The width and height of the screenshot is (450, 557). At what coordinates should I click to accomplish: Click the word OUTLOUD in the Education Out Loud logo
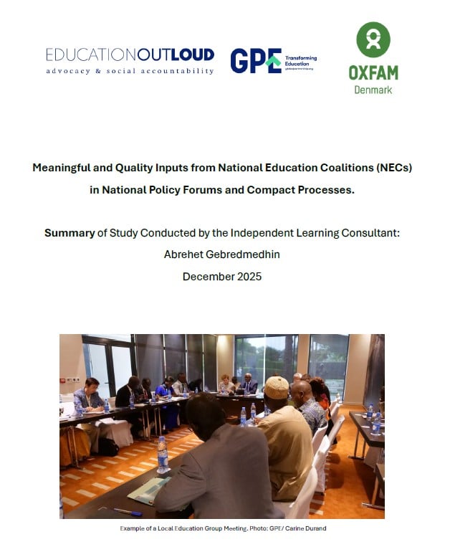179,54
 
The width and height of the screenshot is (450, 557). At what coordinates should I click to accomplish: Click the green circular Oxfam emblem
373,39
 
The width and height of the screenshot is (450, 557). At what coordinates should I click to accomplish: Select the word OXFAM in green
373,72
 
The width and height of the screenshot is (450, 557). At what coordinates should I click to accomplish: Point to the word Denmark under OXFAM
373,90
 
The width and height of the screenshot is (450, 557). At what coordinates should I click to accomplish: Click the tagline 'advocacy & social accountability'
130,71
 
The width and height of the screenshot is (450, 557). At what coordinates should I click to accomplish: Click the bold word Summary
70,233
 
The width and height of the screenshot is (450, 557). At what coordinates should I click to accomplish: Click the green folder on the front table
149,490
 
